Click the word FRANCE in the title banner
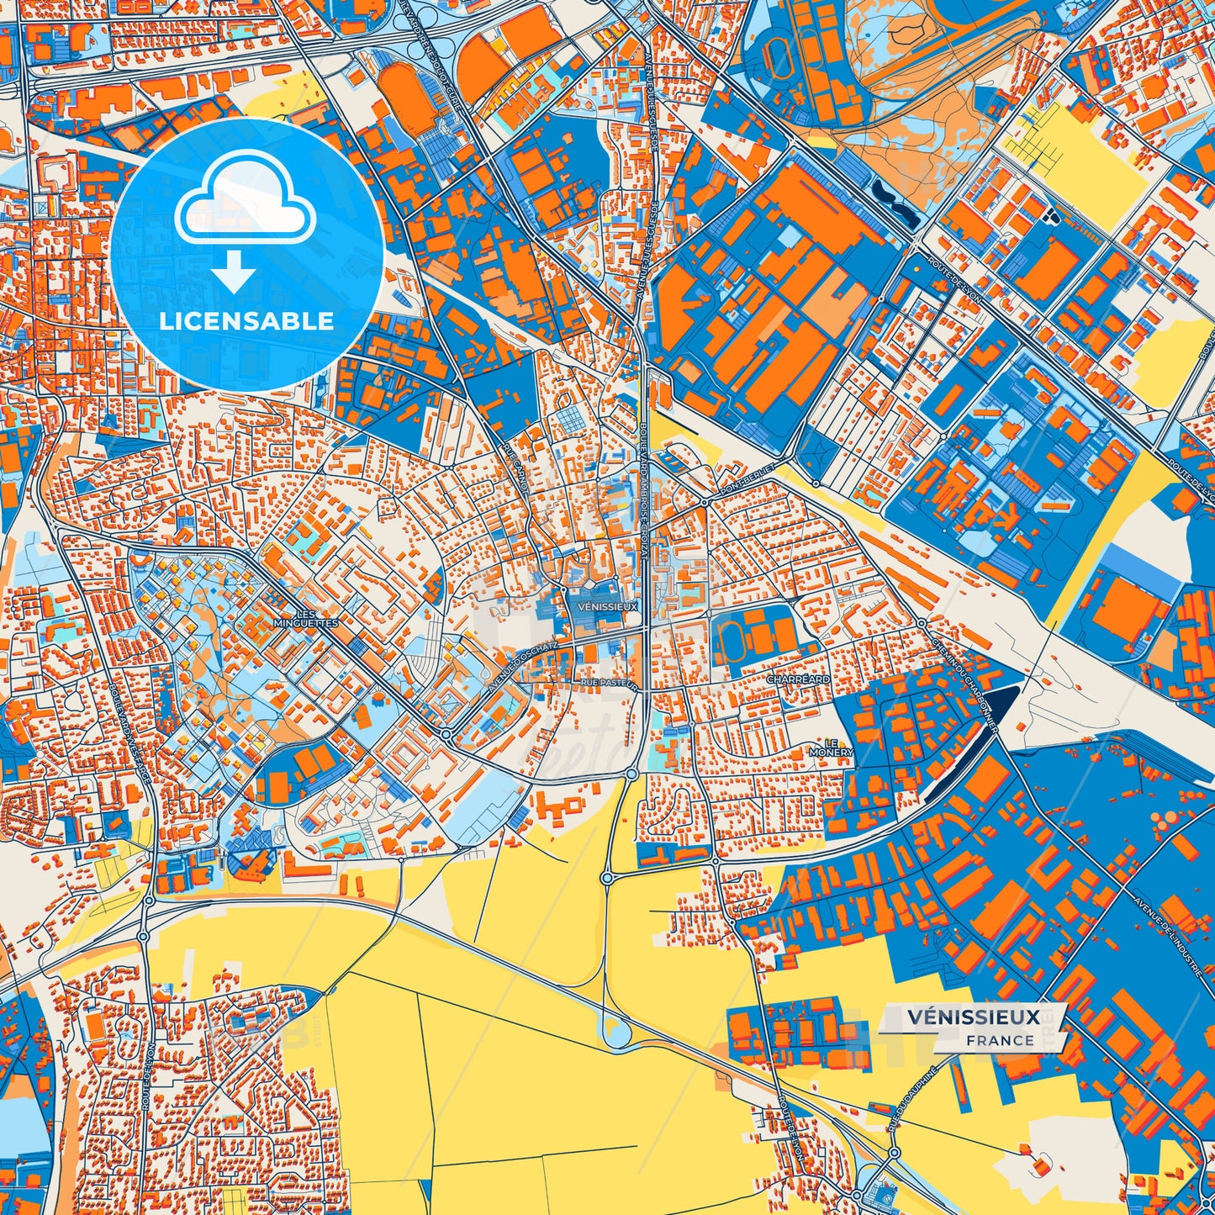(1000, 1039)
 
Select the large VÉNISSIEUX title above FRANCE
(974, 1017)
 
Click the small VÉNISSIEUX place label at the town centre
(609, 605)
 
